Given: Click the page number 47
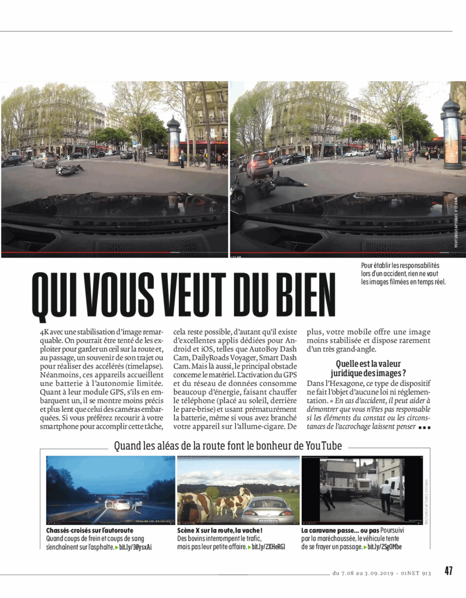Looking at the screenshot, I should click(448, 571).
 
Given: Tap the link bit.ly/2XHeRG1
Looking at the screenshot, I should click(268, 547).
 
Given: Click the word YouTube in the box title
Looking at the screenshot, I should click(320, 446).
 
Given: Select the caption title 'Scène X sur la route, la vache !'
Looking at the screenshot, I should click(219, 530).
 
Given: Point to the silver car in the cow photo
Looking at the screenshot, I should click(270, 509).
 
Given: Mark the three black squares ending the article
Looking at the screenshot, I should click(425, 427).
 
